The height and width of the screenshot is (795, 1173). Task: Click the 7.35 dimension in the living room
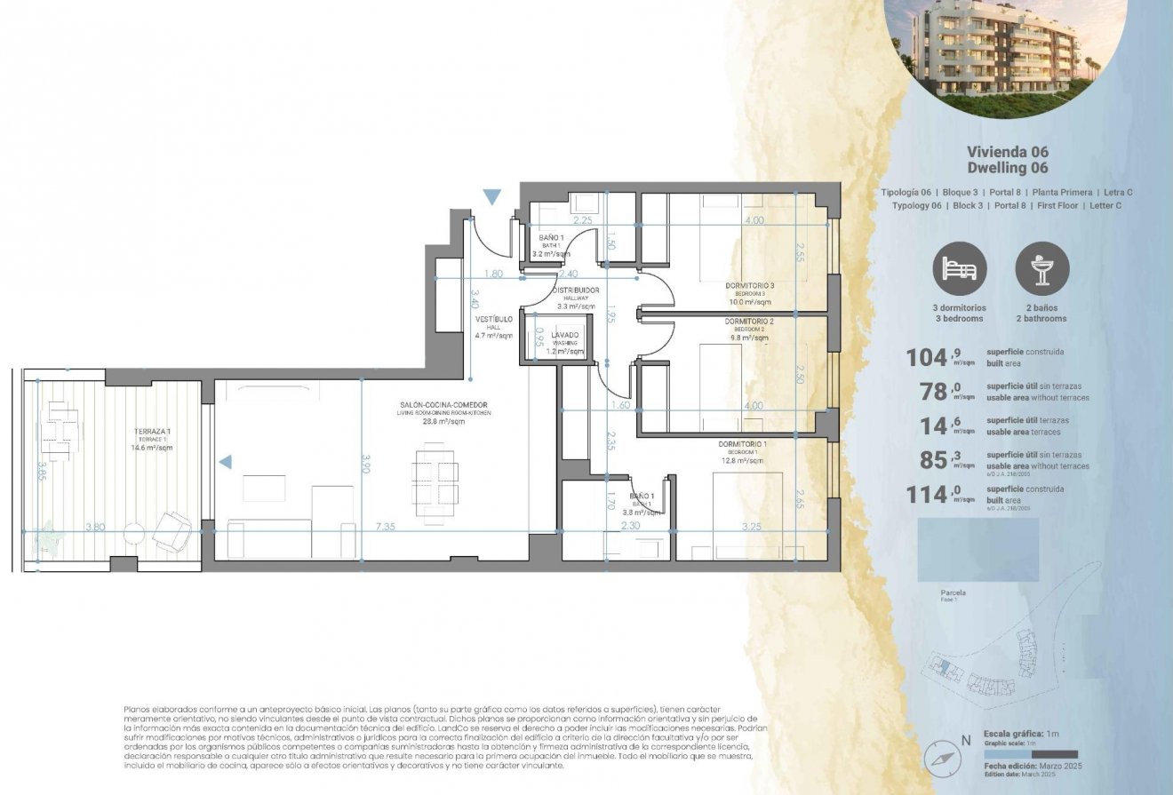(x=387, y=527)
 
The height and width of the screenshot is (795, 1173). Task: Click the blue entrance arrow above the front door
(x=492, y=196)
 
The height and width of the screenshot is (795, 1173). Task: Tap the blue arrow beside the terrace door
(x=226, y=461)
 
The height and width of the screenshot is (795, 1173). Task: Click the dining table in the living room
(x=435, y=479)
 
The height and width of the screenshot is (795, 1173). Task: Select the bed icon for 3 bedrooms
(x=959, y=268)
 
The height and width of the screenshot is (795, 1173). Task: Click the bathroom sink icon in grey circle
(x=1041, y=268)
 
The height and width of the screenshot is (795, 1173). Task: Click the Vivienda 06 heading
(x=1007, y=152)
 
